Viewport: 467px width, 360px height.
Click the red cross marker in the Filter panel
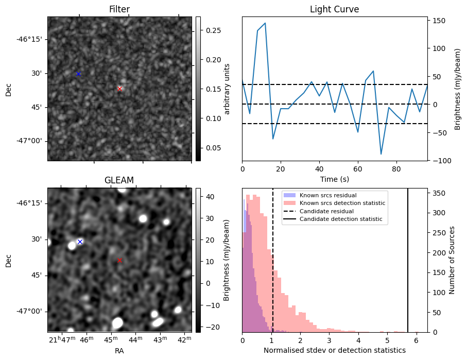(x=119, y=89)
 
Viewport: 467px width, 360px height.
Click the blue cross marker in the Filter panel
(x=78, y=74)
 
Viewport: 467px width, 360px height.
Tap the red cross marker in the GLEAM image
(x=119, y=260)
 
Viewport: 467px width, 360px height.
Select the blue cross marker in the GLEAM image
(x=80, y=242)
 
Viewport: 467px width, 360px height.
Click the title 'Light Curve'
(x=334, y=9)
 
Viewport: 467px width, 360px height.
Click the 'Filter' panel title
(x=119, y=9)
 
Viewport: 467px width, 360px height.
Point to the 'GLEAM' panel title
(x=119, y=180)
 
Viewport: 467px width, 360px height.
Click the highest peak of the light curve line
(x=265, y=23)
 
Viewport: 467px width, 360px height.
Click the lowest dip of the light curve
(x=381, y=154)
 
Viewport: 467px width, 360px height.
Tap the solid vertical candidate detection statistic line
(x=408, y=258)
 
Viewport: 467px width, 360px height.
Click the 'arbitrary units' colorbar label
(x=227, y=89)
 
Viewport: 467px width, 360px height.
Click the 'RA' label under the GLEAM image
(x=119, y=351)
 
